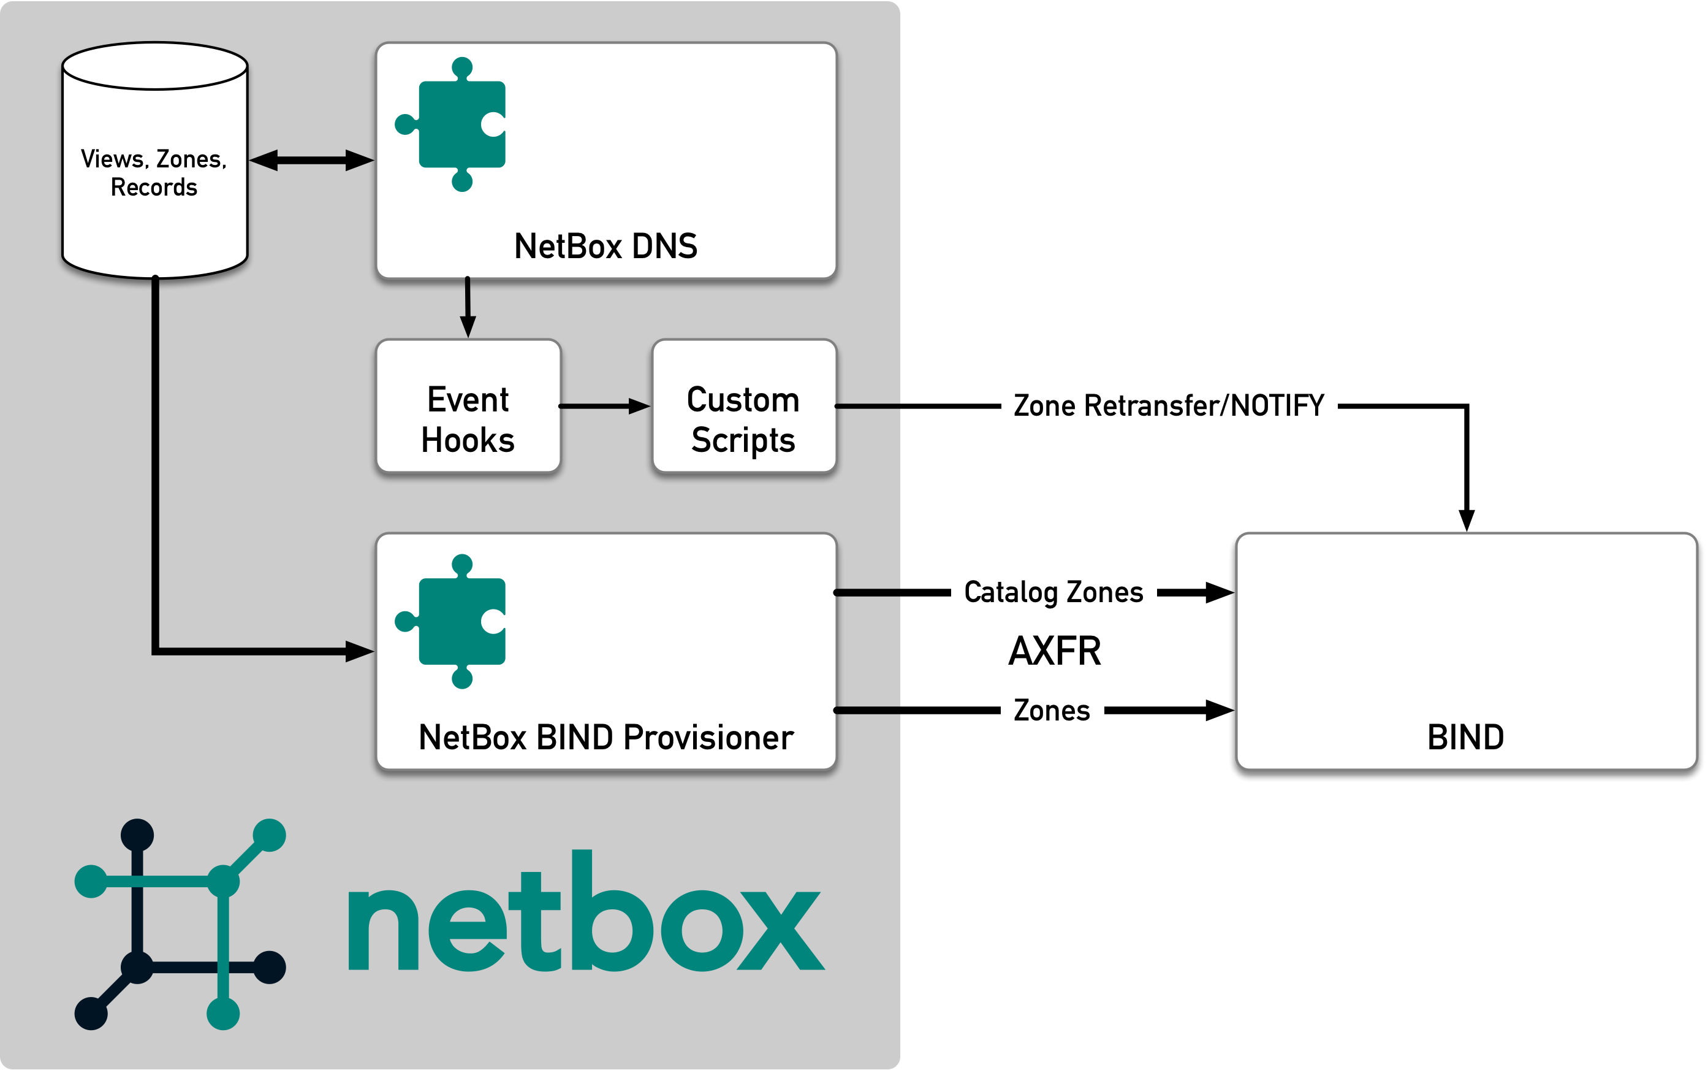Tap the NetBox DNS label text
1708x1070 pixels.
click(605, 246)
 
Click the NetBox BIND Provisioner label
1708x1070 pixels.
click(605, 738)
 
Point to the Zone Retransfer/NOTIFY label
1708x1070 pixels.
click(1168, 405)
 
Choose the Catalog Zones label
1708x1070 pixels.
click(1053, 592)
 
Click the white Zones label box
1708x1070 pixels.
click(1052, 711)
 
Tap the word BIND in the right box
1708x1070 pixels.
click(1465, 738)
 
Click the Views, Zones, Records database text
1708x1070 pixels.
click(154, 173)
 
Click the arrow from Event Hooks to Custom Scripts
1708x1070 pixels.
click(605, 406)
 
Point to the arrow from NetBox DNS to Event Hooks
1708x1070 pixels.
click(468, 308)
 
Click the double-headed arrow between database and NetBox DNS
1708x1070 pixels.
click(311, 161)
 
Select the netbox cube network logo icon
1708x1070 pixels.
click(180, 923)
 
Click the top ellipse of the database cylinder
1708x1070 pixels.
click(155, 66)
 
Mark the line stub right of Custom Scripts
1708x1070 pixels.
click(868, 406)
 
